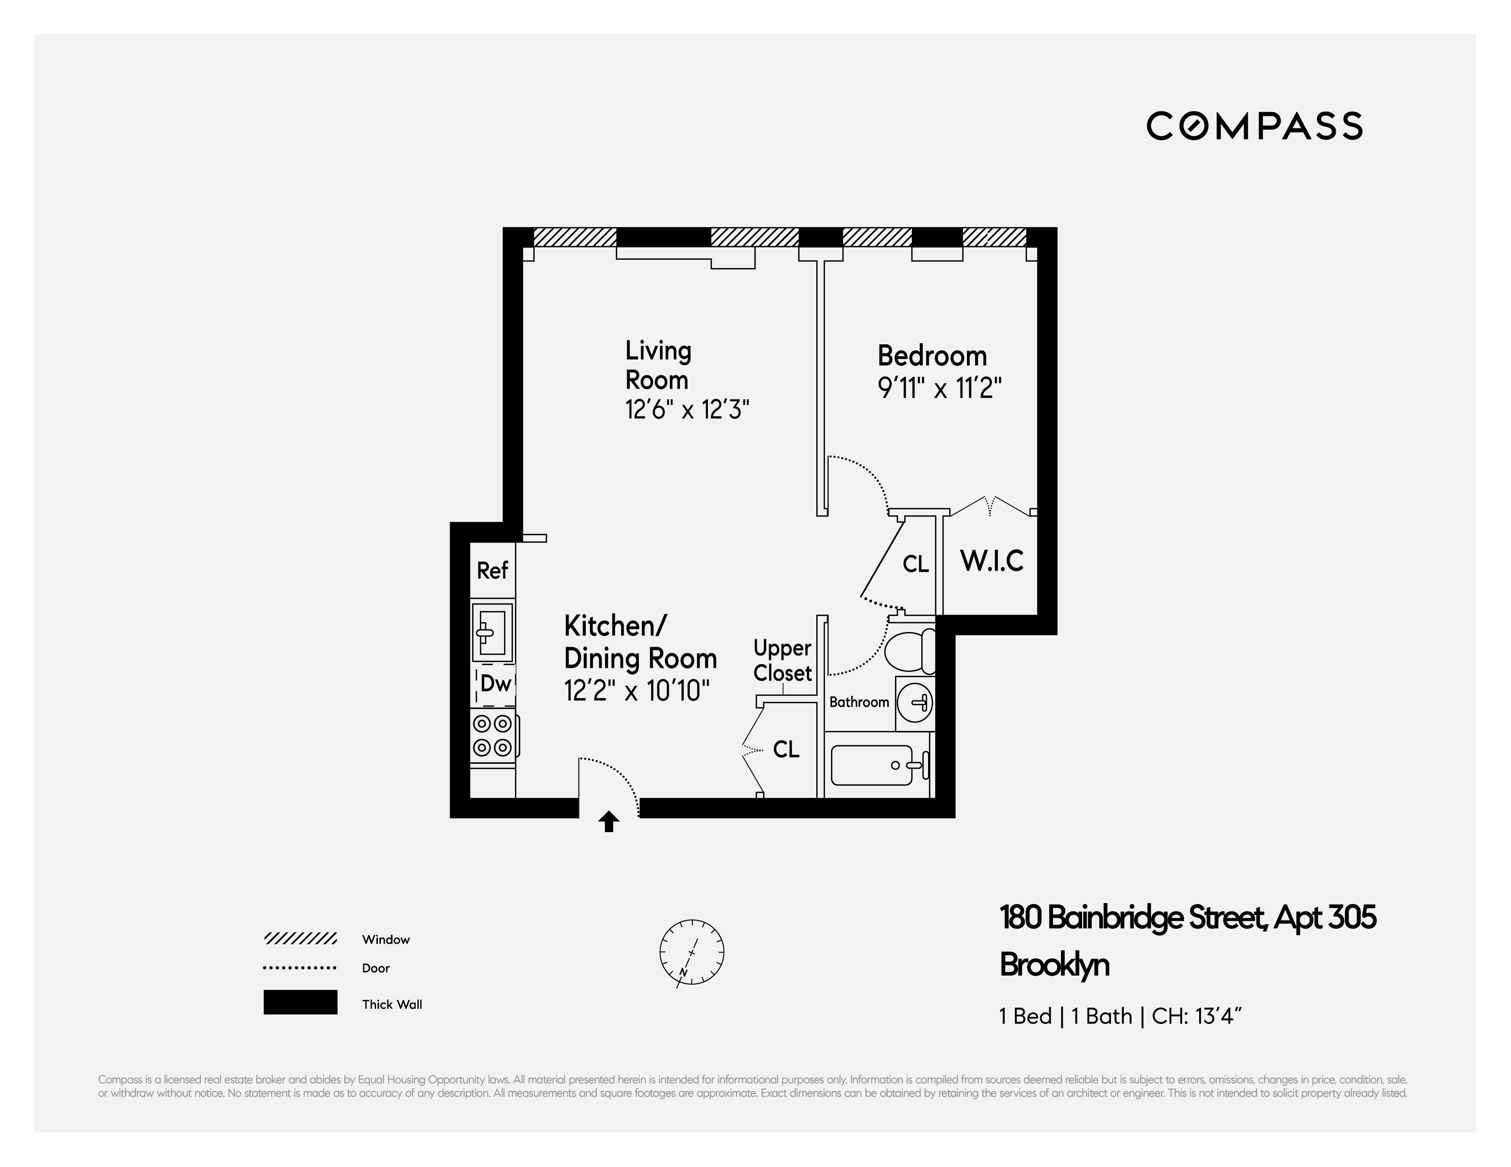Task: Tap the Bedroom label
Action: [x=932, y=356]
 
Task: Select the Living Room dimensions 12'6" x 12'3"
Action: [x=687, y=410]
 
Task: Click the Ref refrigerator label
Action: [x=493, y=571]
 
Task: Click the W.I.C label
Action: [x=991, y=561]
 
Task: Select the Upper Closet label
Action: [x=782, y=661]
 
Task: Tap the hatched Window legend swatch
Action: [x=300, y=939]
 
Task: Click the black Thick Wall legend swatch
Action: [x=300, y=1002]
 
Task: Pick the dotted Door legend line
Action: [x=300, y=968]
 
